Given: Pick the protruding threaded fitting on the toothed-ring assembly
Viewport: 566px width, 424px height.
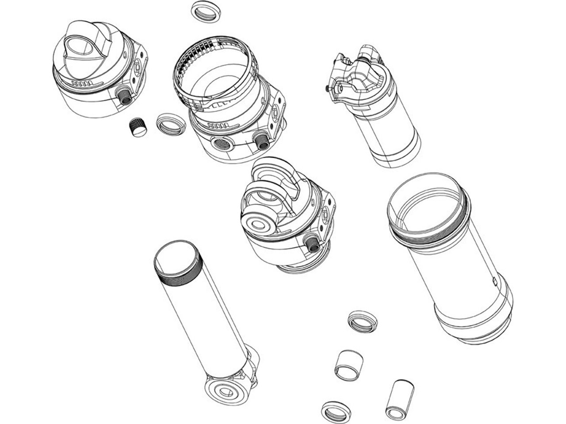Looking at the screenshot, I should click(262, 141).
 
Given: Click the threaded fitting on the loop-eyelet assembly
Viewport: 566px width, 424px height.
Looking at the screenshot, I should click(312, 243).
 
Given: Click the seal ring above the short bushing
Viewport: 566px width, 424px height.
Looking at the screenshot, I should click(362, 321).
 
